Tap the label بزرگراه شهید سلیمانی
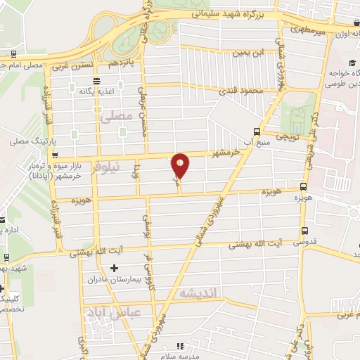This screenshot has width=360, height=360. click(229, 13)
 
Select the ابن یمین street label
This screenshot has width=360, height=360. click(252, 52)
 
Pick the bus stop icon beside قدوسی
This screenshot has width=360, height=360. click(304, 230)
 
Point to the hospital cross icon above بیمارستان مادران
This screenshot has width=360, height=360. click(115, 268)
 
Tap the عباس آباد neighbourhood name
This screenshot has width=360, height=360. click(112, 311)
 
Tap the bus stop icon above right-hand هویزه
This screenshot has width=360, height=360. click(303, 186)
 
